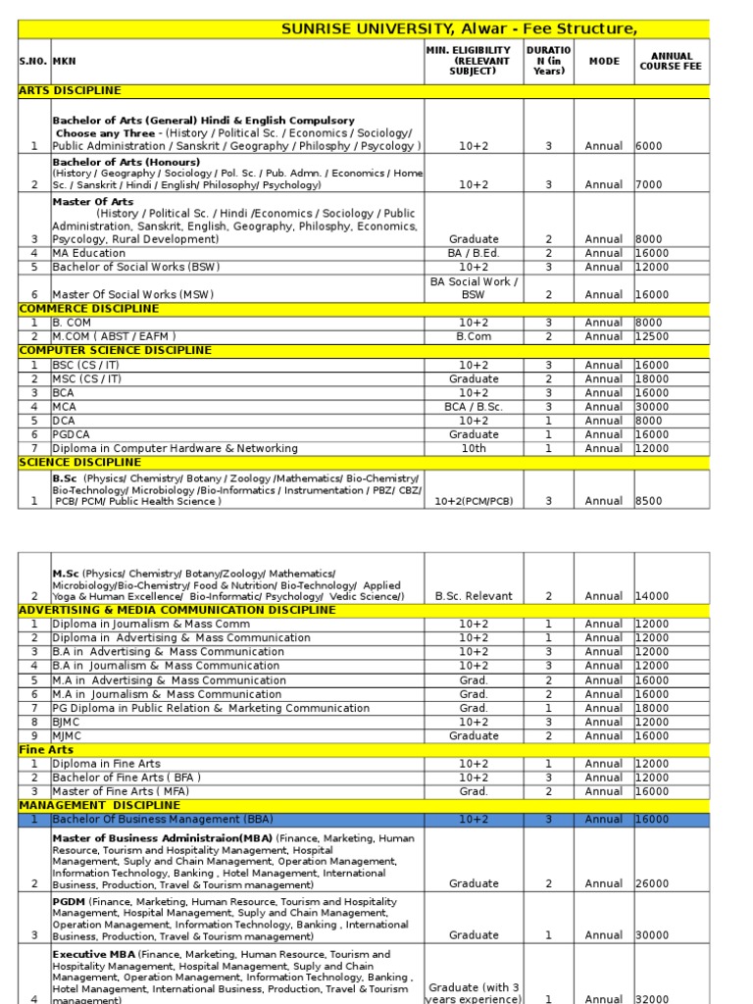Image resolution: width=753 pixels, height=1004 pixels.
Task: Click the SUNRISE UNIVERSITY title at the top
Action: click(x=459, y=29)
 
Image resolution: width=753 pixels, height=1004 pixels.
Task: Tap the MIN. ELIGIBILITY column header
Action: click(x=474, y=61)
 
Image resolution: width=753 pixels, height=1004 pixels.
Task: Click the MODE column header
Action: click(x=604, y=61)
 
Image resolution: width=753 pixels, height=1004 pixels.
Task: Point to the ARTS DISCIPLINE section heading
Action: click(x=71, y=91)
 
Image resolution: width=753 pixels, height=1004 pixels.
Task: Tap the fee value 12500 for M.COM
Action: click(x=654, y=336)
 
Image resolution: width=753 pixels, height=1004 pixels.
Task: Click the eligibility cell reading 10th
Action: click(x=474, y=448)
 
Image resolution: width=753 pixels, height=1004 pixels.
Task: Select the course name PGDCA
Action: click(x=72, y=434)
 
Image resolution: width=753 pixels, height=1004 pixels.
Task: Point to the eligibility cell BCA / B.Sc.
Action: click(x=474, y=407)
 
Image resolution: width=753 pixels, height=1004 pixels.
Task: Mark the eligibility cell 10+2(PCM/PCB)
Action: click(x=474, y=501)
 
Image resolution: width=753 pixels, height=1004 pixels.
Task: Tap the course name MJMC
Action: click(x=68, y=735)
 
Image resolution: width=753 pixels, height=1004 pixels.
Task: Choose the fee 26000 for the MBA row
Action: click(x=654, y=883)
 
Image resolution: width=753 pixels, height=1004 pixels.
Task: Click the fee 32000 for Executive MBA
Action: click(x=654, y=998)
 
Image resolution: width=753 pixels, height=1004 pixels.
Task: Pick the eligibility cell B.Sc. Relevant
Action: click(x=474, y=595)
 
